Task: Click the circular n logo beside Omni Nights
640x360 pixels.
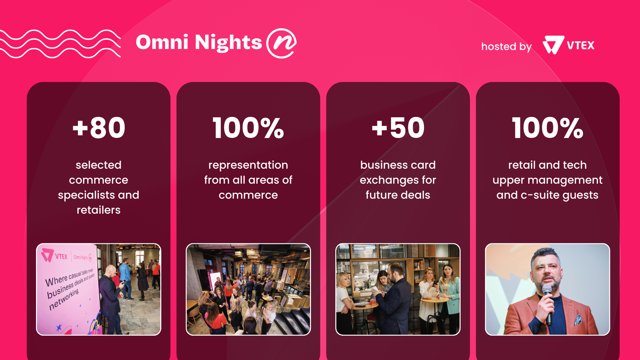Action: [282, 43]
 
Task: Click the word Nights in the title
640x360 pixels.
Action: [228, 43]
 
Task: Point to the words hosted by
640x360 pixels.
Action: [506, 47]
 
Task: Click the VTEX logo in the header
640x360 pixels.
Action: [568, 45]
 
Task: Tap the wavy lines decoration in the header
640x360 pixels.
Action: [60, 44]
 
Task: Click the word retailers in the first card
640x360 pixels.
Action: [99, 210]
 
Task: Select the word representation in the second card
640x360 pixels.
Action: [248, 165]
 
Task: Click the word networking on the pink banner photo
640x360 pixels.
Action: [64, 299]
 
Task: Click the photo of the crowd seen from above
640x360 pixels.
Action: [248, 289]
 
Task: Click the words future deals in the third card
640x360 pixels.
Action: [398, 195]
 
